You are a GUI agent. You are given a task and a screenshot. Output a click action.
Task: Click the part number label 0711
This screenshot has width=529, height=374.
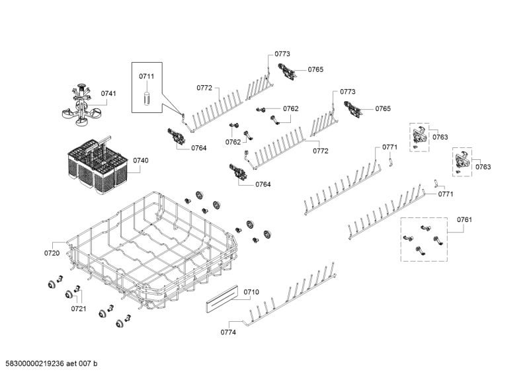tap(145, 77)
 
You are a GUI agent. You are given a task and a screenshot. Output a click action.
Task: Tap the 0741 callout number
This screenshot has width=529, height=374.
tap(108, 94)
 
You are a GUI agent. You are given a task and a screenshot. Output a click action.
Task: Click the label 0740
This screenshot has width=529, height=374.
tap(140, 161)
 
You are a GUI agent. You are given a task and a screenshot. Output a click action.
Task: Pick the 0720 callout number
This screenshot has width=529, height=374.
tap(52, 253)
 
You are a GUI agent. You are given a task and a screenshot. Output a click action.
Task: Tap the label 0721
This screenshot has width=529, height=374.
tap(79, 309)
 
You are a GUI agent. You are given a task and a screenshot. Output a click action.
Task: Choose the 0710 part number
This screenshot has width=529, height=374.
tap(251, 291)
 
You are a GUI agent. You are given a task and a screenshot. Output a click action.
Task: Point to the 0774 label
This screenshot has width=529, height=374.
tap(227, 332)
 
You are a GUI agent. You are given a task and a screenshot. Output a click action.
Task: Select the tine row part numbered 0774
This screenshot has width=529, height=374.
tap(291, 297)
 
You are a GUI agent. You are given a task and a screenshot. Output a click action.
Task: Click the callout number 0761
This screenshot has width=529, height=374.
tap(464, 219)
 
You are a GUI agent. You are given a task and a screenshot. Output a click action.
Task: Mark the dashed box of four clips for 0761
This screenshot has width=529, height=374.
tap(423, 239)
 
